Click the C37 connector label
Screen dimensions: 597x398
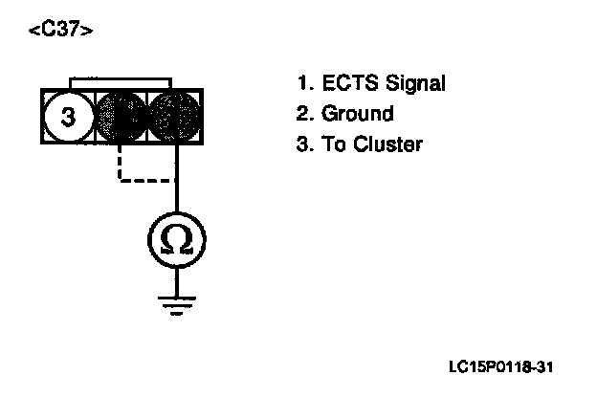coord(61,30)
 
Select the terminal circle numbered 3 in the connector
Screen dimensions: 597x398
coord(69,118)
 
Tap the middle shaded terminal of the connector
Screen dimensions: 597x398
coord(122,117)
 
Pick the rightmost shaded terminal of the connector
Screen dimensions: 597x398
coord(175,117)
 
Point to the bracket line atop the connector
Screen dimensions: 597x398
coord(121,77)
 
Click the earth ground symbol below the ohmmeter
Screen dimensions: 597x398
coord(176,303)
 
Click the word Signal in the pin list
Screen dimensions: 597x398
coord(411,85)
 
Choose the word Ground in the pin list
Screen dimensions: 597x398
coord(357,115)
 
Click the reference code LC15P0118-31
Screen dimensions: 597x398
coord(501,367)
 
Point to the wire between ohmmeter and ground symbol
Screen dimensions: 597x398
coord(176,278)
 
